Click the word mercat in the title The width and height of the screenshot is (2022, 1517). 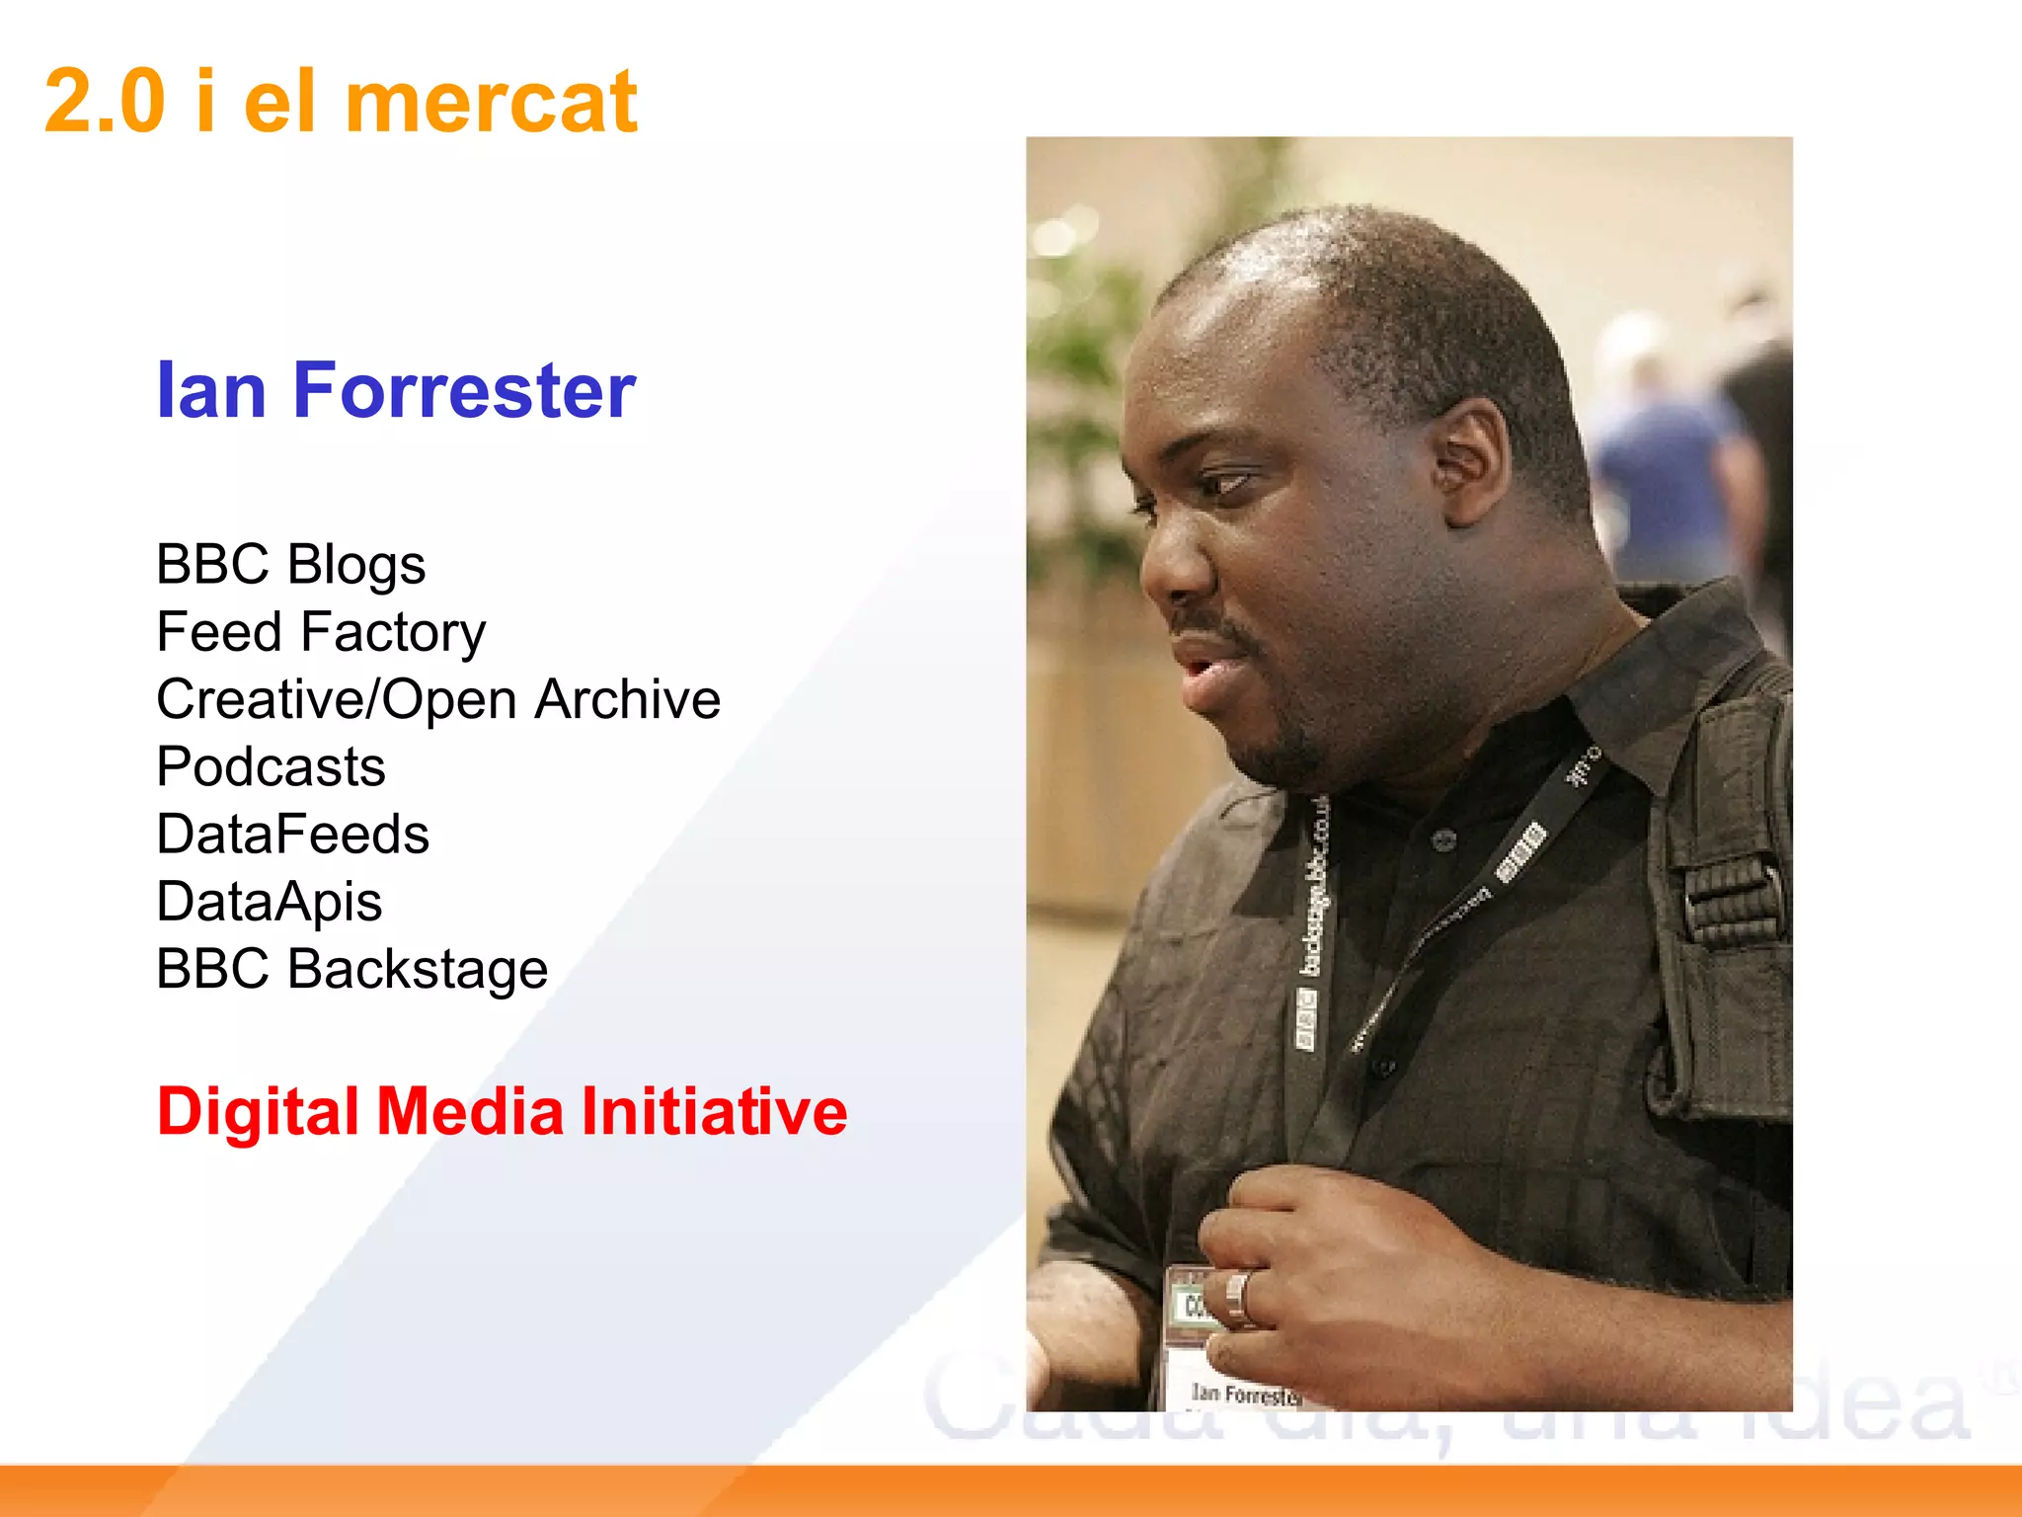pos(491,103)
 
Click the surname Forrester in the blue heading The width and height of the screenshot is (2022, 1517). pos(464,391)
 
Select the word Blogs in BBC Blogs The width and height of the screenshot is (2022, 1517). pos(356,566)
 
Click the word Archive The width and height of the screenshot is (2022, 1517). pos(627,700)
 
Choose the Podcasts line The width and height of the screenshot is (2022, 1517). pos(271,767)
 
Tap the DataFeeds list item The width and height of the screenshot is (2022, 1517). pos(292,835)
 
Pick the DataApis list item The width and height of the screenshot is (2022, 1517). pos(269,902)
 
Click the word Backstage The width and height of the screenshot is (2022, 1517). pos(417,969)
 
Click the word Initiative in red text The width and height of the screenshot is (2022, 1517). pos(714,1112)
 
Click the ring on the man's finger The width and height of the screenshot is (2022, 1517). pos(1238,1296)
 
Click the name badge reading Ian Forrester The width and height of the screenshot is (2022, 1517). pos(1246,1393)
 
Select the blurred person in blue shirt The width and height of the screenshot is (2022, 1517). pos(1659,464)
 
